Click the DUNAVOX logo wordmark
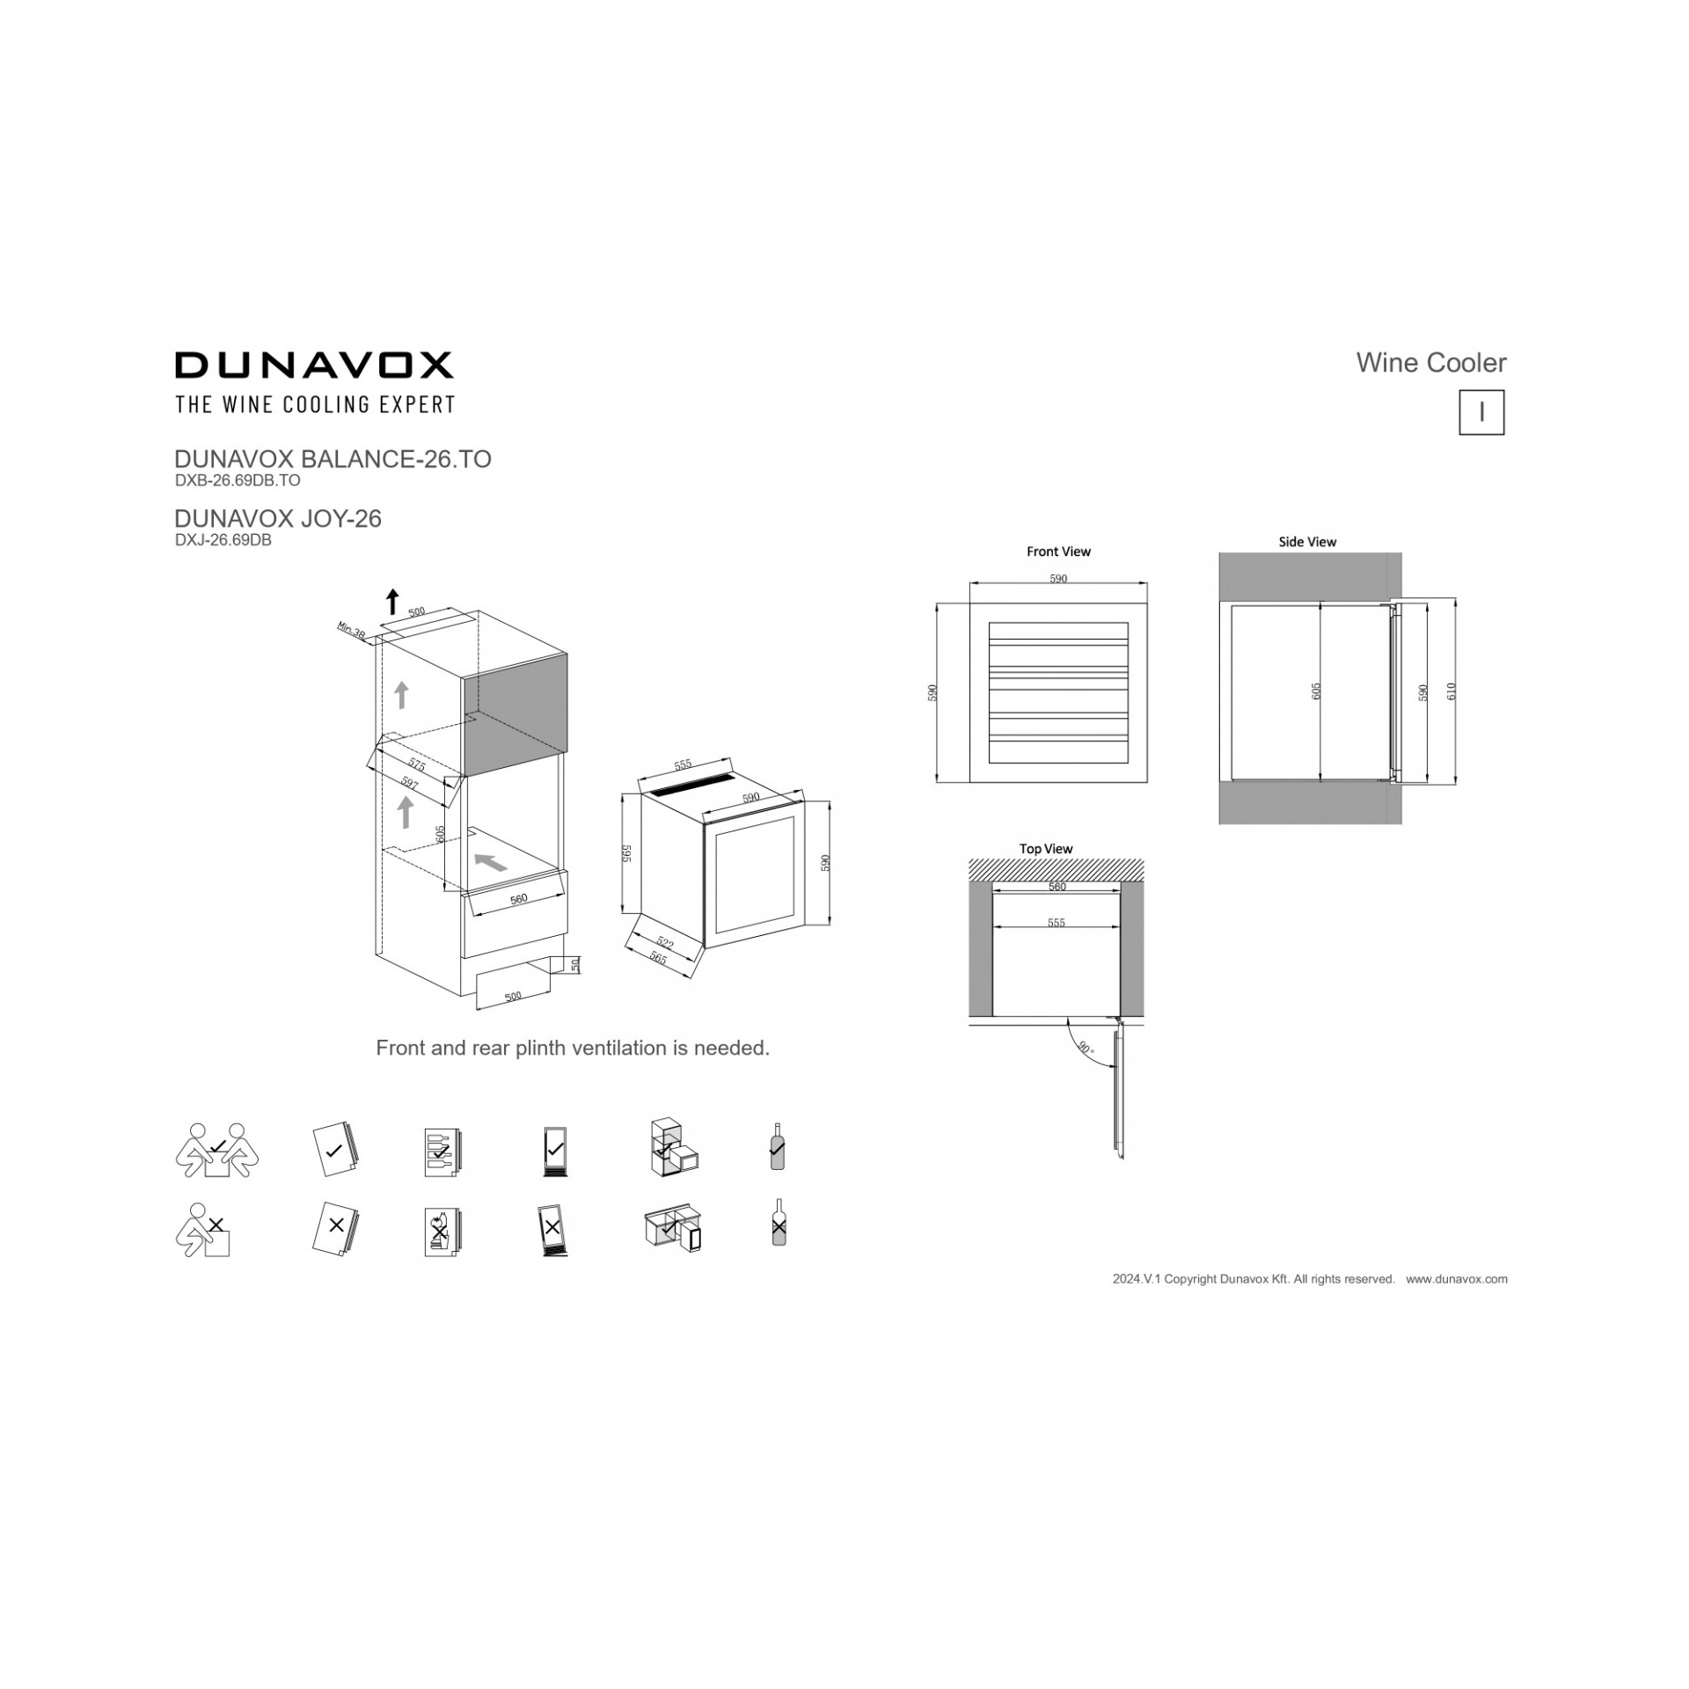(x=314, y=365)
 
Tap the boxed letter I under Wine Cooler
(x=1481, y=413)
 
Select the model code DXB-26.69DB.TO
(x=238, y=480)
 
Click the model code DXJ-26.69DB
(x=223, y=540)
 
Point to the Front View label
(x=1058, y=552)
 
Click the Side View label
(x=1307, y=542)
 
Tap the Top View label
(x=1046, y=849)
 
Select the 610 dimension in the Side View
(x=1451, y=691)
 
